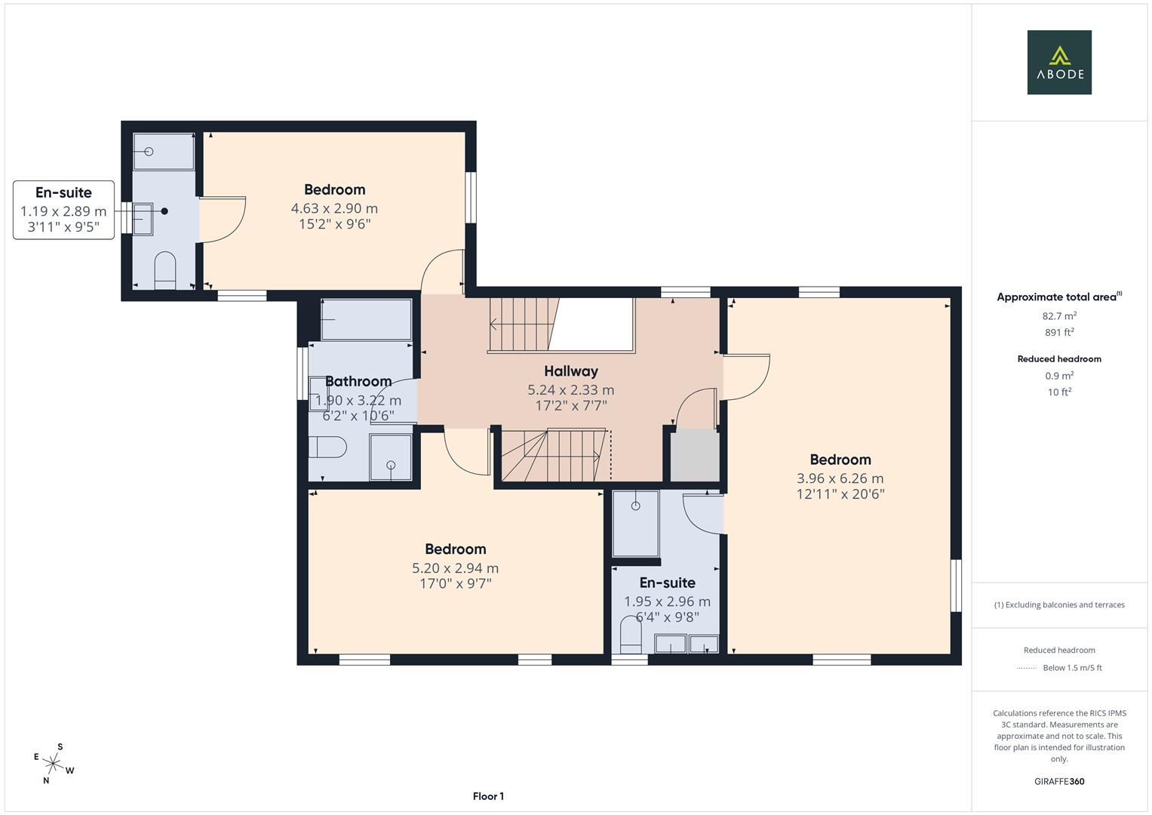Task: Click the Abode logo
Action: coord(1058,63)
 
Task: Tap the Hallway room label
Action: coord(571,371)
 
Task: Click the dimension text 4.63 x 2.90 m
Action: coord(334,208)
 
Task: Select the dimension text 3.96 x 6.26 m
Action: coord(840,478)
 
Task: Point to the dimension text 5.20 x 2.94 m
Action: coord(455,568)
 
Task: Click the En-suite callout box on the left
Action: coord(63,210)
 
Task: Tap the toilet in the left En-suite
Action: coord(164,270)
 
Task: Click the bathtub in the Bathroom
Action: coord(366,320)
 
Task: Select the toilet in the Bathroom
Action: coord(327,447)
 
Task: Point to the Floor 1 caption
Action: coord(488,796)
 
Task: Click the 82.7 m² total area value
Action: coord(1059,316)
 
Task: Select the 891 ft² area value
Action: coord(1059,332)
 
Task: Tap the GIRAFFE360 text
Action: coord(1059,781)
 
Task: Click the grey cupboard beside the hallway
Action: coord(694,456)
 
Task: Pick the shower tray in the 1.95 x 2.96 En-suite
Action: coord(635,523)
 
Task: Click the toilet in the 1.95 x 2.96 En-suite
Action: coord(630,635)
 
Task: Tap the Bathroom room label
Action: coord(358,382)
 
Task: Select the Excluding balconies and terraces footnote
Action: coord(1059,604)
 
